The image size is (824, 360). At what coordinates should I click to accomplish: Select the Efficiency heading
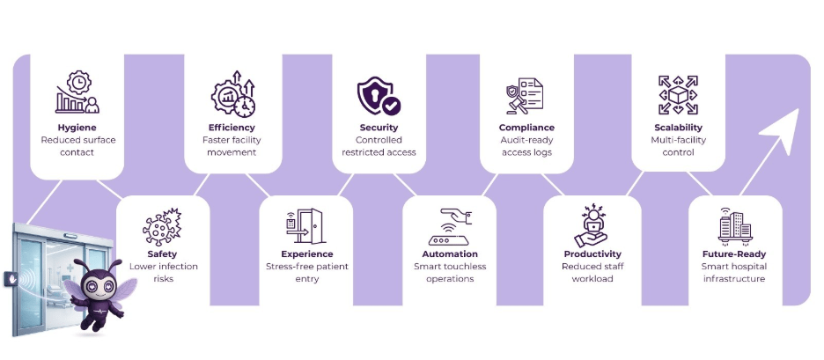point(232,128)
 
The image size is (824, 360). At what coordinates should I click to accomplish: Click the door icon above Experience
point(305,227)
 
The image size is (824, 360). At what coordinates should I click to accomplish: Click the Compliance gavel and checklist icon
point(525,96)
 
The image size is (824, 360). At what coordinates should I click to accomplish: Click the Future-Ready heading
point(733,254)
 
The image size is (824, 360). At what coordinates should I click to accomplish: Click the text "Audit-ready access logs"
point(526,146)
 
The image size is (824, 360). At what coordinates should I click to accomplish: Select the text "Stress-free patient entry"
point(306,272)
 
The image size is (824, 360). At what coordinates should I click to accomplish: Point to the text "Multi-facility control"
point(678,146)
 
